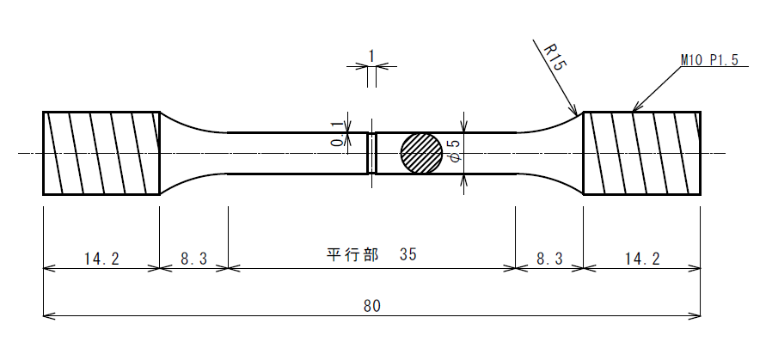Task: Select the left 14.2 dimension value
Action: (101, 259)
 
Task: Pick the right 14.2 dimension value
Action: (642, 259)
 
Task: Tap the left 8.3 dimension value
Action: (194, 259)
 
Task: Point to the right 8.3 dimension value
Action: (549, 259)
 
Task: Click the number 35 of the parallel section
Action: (408, 254)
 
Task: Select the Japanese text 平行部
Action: (352, 254)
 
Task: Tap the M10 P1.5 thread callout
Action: (709, 60)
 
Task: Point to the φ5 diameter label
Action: (454, 150)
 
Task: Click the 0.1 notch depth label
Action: (337, 137)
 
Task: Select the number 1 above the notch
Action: (371, 56)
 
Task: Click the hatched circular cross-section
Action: (421, 153)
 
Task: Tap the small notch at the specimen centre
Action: (372, 153)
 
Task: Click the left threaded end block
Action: (101, 154)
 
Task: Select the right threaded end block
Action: (642, 154)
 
